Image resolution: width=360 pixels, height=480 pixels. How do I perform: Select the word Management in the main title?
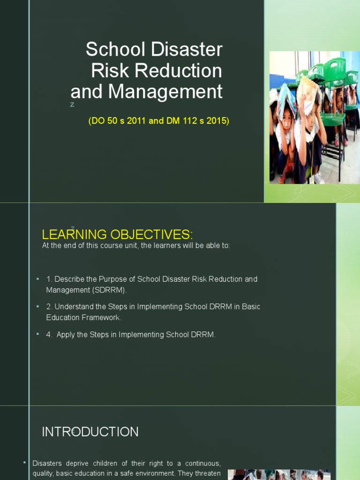(165, 92)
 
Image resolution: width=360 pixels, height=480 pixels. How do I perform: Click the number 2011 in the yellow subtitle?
(136, 121)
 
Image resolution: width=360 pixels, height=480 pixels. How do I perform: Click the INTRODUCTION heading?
(90, 432)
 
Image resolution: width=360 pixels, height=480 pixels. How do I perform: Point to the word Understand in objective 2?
(74, 307)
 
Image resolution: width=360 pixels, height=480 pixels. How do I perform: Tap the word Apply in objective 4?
(66, 335)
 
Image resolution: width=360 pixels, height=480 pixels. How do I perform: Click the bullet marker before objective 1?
(37, 279)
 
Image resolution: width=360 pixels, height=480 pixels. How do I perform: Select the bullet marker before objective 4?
(37, 334)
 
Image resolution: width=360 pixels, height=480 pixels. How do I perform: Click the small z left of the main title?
(72, 105)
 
